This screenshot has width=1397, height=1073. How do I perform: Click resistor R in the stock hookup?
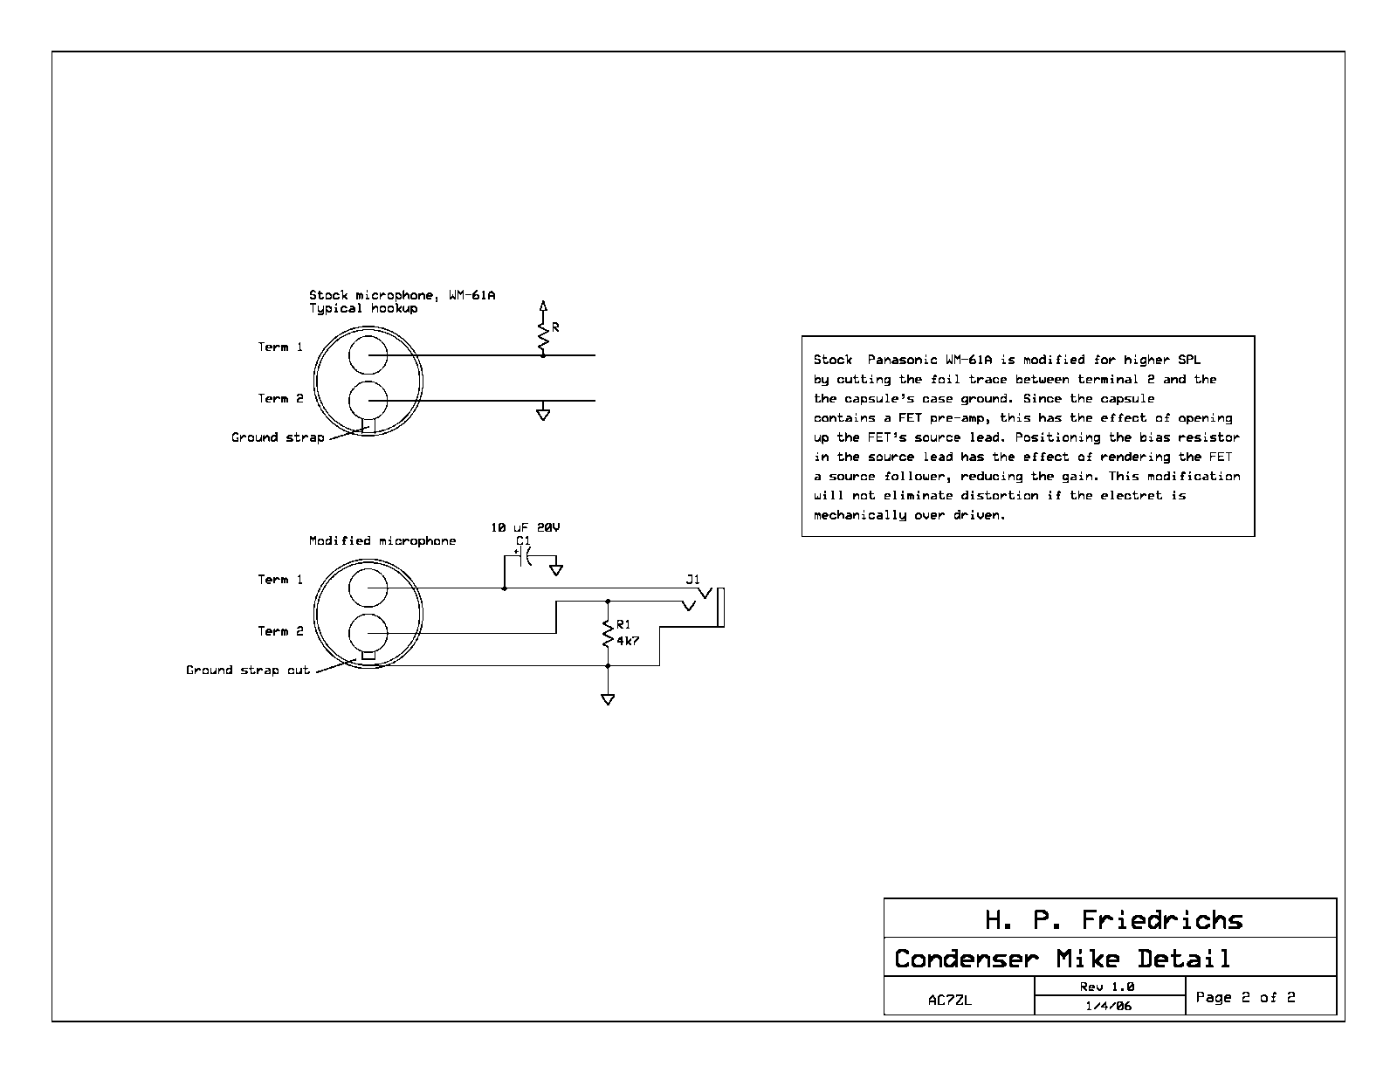[x=543, y=335]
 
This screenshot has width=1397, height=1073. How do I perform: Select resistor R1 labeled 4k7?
[x=608, y=633]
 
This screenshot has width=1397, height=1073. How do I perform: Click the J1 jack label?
[x=692, y=579]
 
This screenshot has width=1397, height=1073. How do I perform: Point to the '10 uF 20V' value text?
[x=526, y=527]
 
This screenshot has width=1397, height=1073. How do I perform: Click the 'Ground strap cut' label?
[x=248, y=670]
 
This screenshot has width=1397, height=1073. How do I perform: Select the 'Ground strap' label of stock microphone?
[x=278, y=437]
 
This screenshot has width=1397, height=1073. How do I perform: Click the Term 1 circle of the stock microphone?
[x=368, y=354]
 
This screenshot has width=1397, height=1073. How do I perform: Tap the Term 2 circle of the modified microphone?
[x=368, y=633]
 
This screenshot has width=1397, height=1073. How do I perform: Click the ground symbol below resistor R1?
[x=608, y=699]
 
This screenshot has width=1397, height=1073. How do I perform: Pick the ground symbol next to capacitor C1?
[x=556, y=569]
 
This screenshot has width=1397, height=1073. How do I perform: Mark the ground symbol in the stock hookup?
[x=543, y=415]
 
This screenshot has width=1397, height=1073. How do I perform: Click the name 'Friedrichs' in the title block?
[x=1162, y=920]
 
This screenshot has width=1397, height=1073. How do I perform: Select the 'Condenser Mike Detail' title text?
[x=1062, y=959]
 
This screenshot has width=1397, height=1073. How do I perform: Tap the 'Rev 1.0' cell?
[x=1107, y=987]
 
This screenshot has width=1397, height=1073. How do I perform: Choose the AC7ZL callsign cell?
[x=950, y=1000]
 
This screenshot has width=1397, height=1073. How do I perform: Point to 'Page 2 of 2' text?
[x=1245, y=997]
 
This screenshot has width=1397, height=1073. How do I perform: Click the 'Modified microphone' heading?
[x=382, y=540]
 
